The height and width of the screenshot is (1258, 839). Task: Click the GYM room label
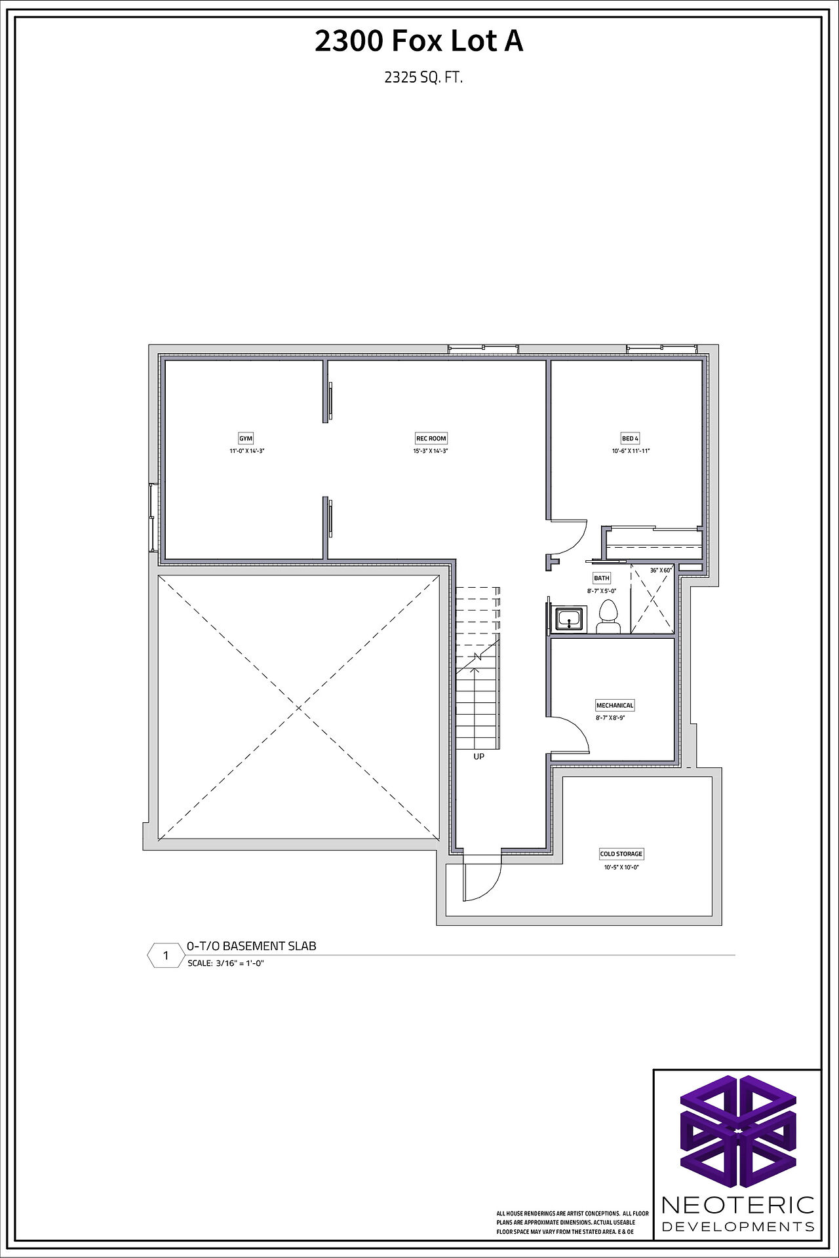246,438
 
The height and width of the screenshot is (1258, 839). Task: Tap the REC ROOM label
431,438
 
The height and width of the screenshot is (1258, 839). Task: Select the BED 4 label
630,438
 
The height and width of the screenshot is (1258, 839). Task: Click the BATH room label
602,578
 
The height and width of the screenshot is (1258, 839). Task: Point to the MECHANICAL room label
615,705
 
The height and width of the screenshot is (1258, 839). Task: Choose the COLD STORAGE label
621,854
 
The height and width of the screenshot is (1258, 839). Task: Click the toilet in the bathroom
608,617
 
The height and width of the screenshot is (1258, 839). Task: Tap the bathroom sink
569,619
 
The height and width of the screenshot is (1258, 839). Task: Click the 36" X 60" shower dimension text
661,570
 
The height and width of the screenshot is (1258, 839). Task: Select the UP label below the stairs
479,757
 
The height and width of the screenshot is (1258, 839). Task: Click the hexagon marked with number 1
165,955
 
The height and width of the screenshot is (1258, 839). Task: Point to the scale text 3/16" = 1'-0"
240,963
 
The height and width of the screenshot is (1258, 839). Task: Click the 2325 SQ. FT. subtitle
423,77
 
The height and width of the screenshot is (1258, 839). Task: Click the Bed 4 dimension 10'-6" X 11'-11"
631,451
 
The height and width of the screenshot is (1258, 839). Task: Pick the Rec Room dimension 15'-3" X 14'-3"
431,451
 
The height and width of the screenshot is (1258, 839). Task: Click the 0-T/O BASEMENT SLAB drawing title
252,946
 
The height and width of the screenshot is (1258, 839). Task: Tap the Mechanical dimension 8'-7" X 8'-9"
610,718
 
